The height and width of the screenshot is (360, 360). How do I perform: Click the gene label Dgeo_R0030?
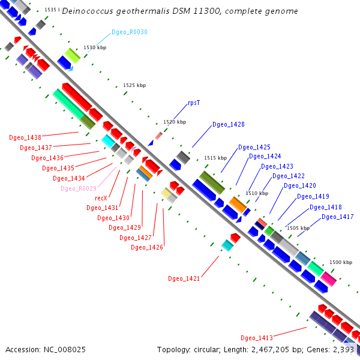pos(130,32)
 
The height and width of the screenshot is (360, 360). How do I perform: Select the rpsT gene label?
pos(194,103)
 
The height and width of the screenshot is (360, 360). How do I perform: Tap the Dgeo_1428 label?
pos(229,124)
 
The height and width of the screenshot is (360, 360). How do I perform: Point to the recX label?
pos(101,198)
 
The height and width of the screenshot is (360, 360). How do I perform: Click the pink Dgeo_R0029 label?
pos(79,188)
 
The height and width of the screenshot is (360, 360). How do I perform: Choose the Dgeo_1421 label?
pos(184,278)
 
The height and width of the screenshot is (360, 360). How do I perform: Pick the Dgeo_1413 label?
pos(257,338)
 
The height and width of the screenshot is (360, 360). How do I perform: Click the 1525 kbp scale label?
pos(134,85)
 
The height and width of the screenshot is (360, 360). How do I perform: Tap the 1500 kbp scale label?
pos(341,262)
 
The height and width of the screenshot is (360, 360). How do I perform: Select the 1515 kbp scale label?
pos(215,158)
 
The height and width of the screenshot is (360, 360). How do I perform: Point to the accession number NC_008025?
pos(65,350)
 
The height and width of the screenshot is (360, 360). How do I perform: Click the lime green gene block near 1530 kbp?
pos(73,56)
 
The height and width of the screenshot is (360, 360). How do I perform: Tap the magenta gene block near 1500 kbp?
pos(329,279)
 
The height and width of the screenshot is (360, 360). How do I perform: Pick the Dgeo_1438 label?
pos(25,137)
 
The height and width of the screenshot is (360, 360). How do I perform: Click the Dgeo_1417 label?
pos(337,217)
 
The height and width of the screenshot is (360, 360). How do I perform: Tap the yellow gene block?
pos(166,193)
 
